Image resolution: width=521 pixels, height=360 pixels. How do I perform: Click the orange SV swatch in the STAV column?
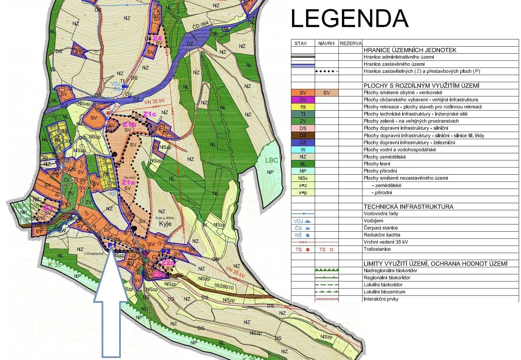[x=303, y=93]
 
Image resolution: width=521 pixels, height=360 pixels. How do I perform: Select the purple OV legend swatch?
[x=303, y=100]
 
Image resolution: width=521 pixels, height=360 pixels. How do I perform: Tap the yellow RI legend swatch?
[x=303, y=107]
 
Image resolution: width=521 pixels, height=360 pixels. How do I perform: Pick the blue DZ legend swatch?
[x=303, y=143]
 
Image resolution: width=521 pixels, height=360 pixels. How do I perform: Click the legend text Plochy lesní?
[x=377, y=164]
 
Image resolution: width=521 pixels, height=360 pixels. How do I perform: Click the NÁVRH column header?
[x=326, y=43]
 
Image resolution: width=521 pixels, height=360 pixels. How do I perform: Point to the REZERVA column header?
[x=351, y=43]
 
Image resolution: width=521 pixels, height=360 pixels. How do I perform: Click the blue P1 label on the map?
[x=112, y=245]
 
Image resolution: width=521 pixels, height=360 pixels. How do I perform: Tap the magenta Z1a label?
[x=128, y=182]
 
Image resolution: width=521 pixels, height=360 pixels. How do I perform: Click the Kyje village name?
[x=165, y=224]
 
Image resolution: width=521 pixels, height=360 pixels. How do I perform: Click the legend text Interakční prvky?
[x=381, y=299]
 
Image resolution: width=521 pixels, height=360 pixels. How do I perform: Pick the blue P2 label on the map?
[x=166, y=251]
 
